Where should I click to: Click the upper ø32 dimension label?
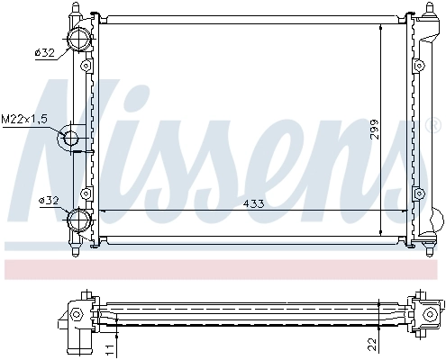pyautogui.click(x=45, y=54)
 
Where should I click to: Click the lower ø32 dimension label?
pyautogui.click(x=45, y=200)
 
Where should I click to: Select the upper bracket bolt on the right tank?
pyautogui.click(x=419, y=66)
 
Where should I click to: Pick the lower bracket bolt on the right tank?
pyautogui.click(x=419, y=191)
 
